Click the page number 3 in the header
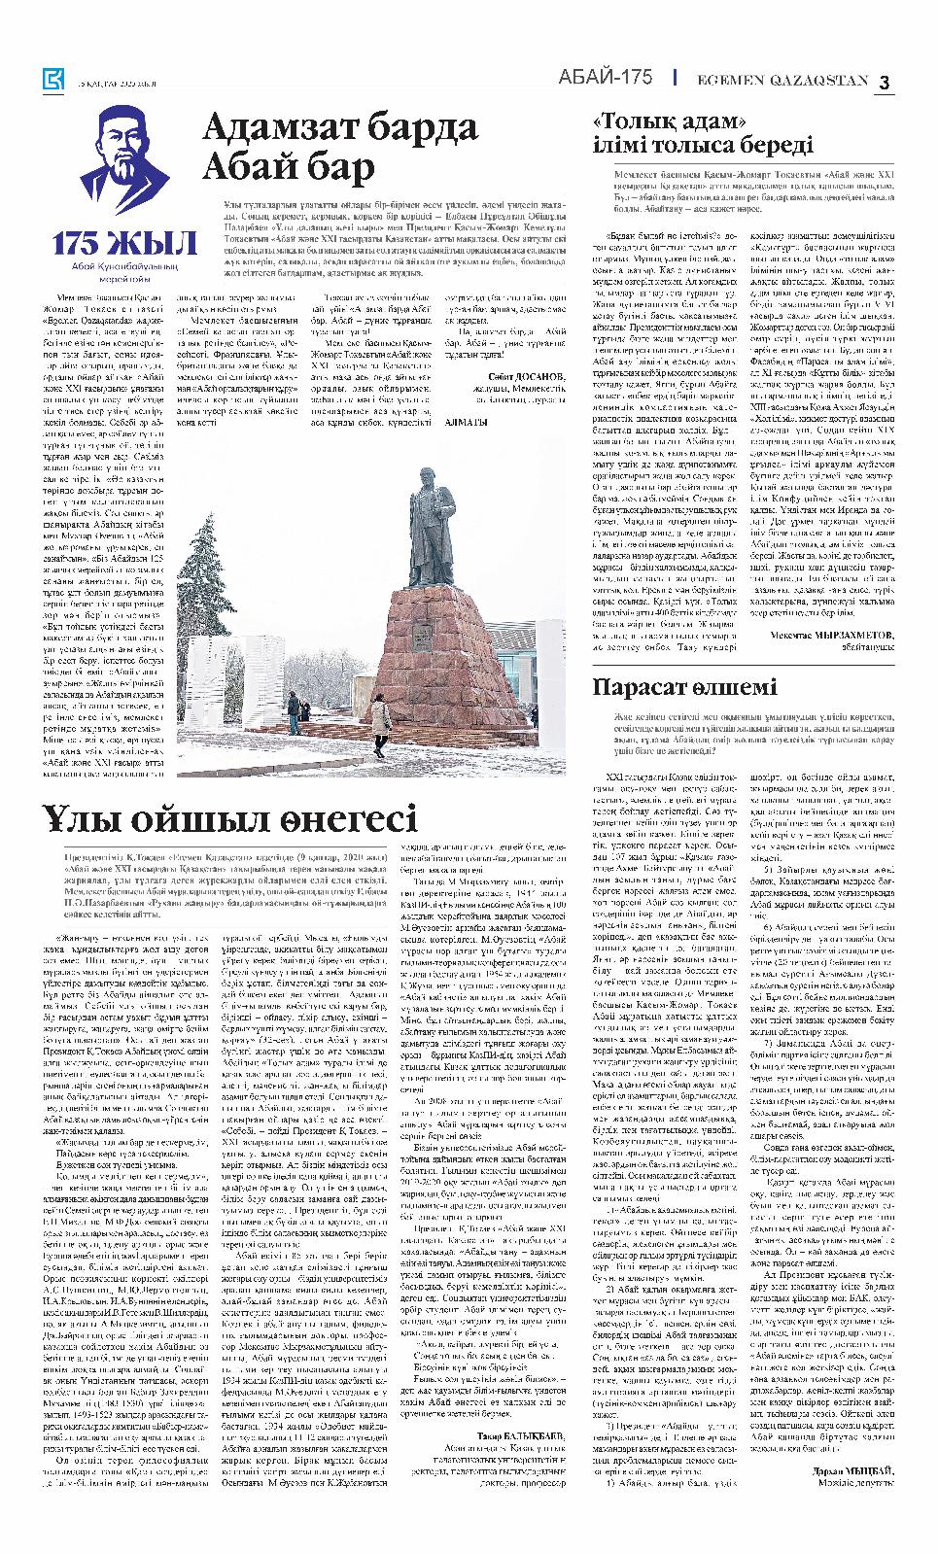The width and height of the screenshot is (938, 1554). tap(885, 83)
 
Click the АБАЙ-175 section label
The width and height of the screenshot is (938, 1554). tap(605, 79)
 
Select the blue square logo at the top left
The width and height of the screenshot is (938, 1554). tap(52, 82)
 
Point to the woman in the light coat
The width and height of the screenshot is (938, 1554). tap(380, 717)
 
